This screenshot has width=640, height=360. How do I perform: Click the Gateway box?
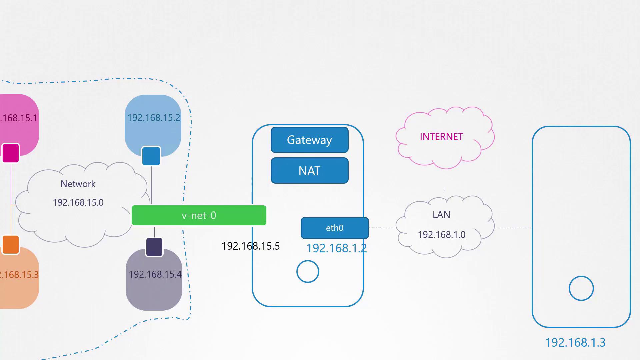coord(309,140)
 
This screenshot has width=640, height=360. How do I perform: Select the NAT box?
coord(309,171)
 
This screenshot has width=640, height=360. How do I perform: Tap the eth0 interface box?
coord(335,228)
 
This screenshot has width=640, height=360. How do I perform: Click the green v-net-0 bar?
coord(199,215)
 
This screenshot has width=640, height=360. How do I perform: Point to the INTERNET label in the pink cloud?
coord(441,137)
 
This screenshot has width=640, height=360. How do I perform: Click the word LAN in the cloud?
coord(441,215)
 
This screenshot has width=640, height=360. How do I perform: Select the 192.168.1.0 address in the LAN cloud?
coord(441,235)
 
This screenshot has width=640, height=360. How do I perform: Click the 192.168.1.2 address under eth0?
coord(336,248)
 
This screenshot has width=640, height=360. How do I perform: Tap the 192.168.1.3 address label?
coord(575,343)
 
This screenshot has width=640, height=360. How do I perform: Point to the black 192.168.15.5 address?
coord(251,246)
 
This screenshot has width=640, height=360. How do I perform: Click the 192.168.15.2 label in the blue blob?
coord(154,118)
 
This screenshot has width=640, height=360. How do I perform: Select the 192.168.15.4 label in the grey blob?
coord(155,274)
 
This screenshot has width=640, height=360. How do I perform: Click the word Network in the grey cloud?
coord(78,184)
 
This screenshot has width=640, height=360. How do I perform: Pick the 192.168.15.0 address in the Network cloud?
coord(78,202)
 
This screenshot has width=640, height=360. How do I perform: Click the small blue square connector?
coord(151,156)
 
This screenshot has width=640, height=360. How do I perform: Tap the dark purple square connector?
coord(154,247)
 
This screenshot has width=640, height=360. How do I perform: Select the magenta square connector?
coord(11,153)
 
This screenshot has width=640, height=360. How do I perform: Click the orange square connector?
coord(11,245)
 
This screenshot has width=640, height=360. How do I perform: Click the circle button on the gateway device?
coord(308,272)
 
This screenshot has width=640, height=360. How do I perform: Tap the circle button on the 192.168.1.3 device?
coord(581,288)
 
